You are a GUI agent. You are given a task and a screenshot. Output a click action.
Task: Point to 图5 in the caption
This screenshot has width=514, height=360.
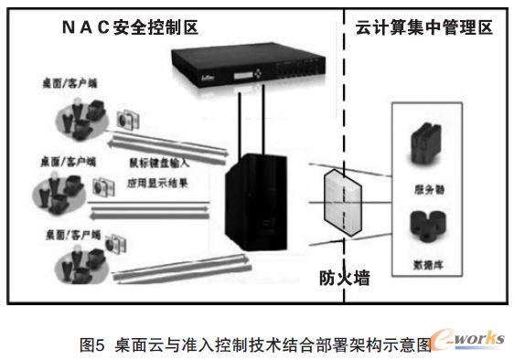92,344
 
